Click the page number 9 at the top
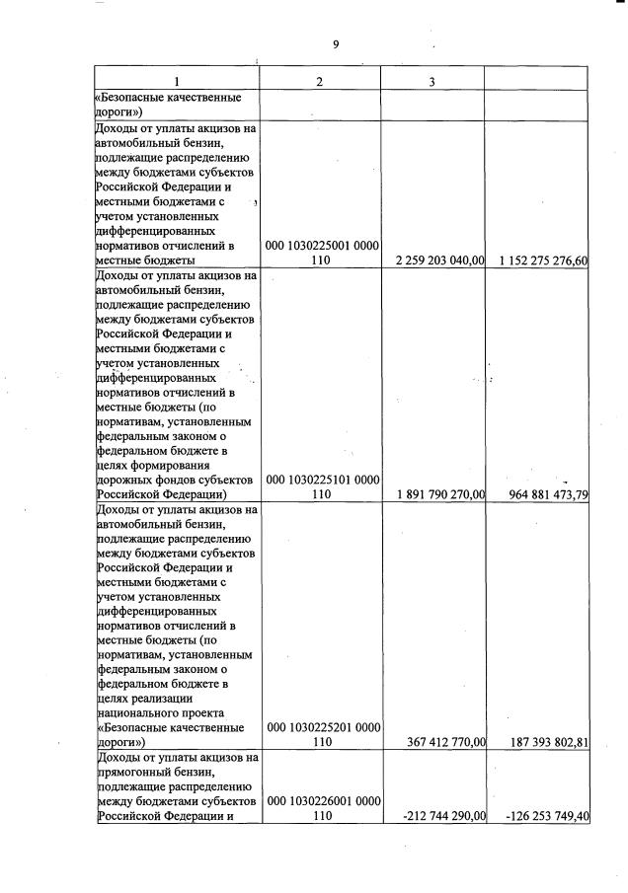click(336, 44)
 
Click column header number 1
click(178, 81)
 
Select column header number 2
click(319, 81)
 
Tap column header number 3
click(432, 81)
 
